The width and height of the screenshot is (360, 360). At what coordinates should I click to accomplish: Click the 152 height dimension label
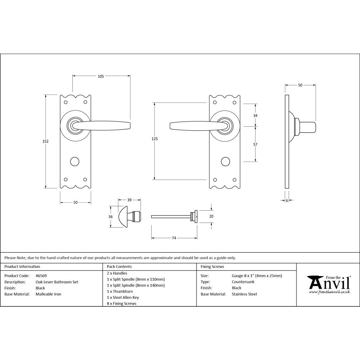[45, 141]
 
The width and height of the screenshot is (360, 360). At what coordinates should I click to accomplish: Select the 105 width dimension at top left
[101, 76]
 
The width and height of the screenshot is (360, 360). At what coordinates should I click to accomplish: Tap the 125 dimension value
[155, 139]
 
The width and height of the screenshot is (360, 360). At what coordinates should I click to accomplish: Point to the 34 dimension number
[256, 116]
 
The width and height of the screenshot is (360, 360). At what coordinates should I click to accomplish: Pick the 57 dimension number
[256, 144]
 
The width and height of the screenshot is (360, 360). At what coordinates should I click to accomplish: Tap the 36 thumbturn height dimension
[111, 216]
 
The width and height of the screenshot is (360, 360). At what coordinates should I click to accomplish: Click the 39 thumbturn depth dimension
[129, 200]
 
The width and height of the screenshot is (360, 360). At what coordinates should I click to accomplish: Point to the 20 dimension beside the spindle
[211, 216]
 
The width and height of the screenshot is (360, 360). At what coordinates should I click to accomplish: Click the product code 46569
[41, 276]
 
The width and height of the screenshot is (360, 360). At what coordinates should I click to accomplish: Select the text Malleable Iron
[48, 294]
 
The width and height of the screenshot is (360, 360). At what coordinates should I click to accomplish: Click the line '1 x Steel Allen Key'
[123, 297]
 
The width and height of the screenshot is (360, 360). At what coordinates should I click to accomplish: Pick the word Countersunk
[243, 282]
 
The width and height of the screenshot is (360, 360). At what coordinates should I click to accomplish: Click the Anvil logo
[328, 284]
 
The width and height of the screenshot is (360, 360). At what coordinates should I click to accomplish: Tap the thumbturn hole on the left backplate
[75, 161]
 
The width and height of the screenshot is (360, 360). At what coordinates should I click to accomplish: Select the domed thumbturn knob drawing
[123, 217]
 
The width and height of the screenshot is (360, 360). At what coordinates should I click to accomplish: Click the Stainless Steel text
[244, 294]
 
